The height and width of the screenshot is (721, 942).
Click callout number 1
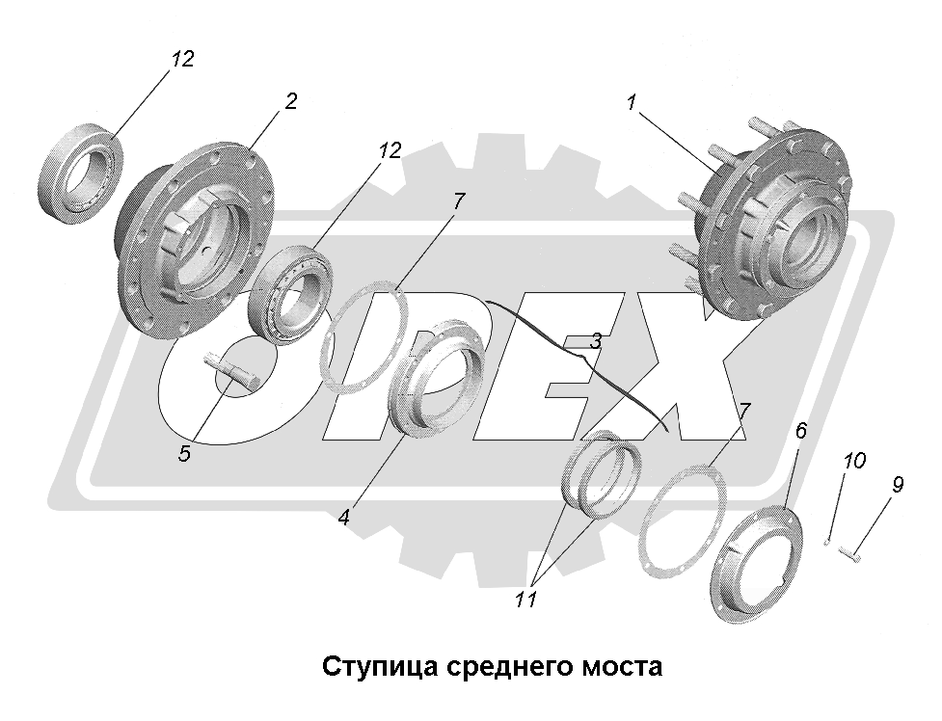click(x=632, y=102)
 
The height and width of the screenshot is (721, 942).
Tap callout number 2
click(x=291, y=102)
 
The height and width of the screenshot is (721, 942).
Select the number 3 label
click(x=597, y=340)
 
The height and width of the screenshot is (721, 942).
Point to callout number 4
click(x=343, y=517)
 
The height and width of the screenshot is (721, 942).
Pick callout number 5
click(x=184, y=453)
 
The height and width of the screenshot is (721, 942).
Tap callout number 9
click(x=897, y=484)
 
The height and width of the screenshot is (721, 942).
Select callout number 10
click(x=854, y=462)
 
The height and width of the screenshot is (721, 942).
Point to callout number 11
click(x=525, y=600)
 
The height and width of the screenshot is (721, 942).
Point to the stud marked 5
click(x=231, y=370)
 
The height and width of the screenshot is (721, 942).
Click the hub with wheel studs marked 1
click(x=771, y=231)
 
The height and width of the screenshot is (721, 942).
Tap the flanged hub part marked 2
click(x=193, y=236)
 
